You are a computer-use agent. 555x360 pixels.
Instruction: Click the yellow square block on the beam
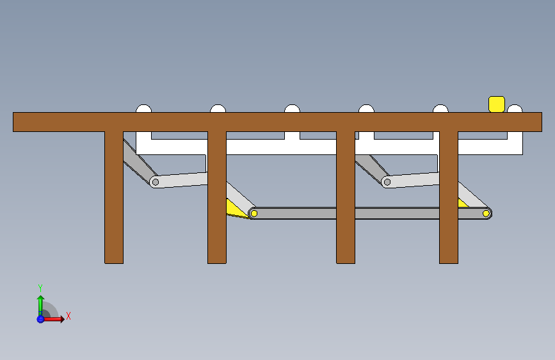[496, 104]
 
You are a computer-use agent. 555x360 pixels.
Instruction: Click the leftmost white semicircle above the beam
[143, 109]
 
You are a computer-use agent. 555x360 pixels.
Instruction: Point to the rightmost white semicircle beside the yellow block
[515, 109]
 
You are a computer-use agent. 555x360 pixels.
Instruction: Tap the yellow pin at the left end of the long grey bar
[253, 213]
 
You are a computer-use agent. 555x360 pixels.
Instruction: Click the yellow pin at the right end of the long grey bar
[487, 213]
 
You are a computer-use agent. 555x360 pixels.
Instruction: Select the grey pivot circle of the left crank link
[155, 182]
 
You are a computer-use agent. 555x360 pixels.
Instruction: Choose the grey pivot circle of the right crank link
[387, 182]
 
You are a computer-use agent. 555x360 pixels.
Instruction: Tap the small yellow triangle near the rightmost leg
[462, 203]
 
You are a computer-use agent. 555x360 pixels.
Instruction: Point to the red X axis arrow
[56, 318]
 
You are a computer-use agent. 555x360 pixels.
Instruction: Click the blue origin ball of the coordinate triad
[40, 318]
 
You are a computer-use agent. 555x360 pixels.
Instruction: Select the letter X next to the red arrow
[68, 316]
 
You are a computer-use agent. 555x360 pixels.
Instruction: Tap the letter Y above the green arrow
[40, 288]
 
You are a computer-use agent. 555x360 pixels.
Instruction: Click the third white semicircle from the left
[292, 109]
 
